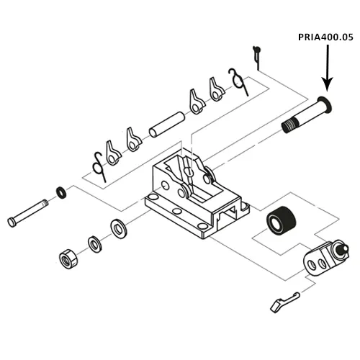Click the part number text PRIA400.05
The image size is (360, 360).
[326, 35]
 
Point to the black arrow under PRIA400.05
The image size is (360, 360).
[326, 68]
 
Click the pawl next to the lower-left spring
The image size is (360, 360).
[112, 151]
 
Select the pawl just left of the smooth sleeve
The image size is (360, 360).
[134, 140]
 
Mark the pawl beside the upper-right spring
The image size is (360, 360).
[216, 90]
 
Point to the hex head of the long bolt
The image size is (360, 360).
[12, 220]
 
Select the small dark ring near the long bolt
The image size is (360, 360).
[63, 192]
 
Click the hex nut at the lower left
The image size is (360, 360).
[67, 258]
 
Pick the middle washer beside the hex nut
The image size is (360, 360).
[94, 243]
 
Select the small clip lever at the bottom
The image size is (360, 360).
[283, 302]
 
